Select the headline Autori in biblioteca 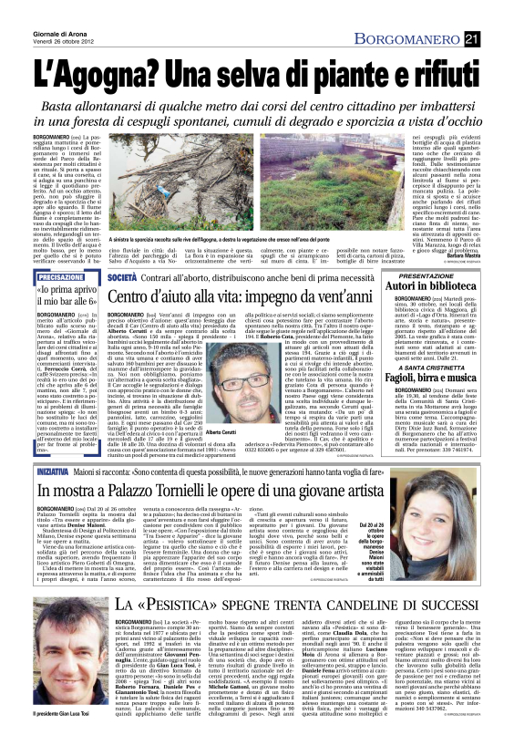click(x=443, y=311)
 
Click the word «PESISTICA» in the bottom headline click(x=191, y=629)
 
